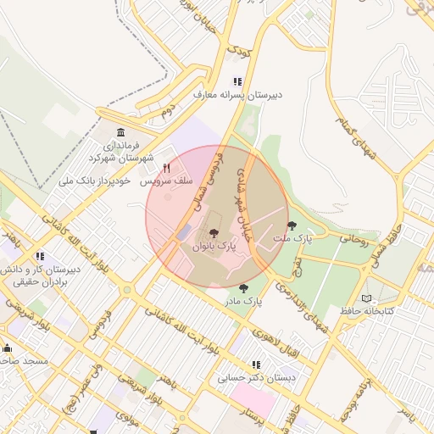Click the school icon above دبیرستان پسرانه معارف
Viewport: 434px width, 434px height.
[238, 82]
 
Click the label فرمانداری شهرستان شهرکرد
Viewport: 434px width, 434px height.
[121, 153]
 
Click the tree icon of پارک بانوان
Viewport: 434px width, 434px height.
[213, 233]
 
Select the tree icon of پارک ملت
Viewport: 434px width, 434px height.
[292, 225]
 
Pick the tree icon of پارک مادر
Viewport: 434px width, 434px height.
[244, 288]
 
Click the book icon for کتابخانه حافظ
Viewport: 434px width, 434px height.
[366, 298]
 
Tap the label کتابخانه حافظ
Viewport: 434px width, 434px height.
[367, 311]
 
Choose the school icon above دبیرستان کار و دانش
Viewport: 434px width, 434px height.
[40, 257]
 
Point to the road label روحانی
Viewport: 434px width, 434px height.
[354, 239]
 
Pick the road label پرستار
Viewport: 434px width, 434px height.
[254, 416]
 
